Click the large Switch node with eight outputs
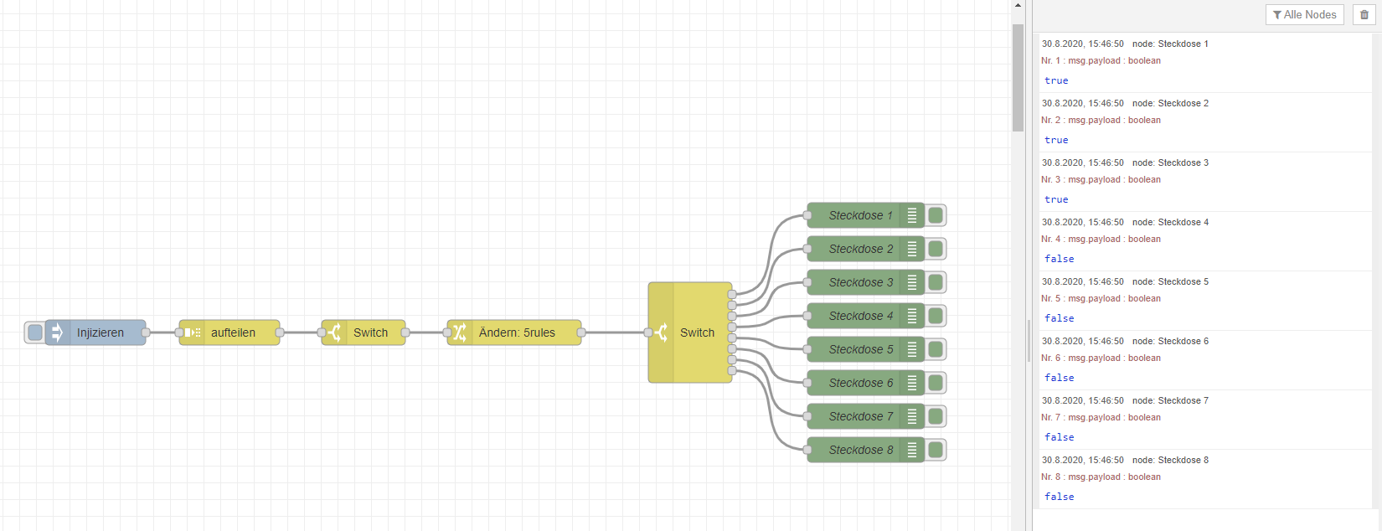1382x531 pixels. point(696,333)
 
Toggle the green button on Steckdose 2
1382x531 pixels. point(936,249)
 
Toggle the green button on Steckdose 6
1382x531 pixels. point(936,383)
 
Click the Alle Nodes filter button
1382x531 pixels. point(1304,14)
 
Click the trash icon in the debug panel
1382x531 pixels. point(1364,14)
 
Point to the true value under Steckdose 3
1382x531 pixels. point(1056,199)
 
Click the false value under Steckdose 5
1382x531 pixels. point(1059,318)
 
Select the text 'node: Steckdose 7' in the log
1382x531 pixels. point(1170,400)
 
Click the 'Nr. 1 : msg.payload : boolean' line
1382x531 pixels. point(1101,60)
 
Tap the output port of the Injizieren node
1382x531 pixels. point(146,333)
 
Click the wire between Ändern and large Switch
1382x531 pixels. point(614,333)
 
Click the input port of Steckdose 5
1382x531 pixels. point(807,349)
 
